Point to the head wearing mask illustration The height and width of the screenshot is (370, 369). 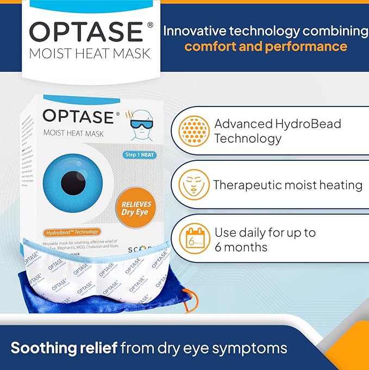click(x=143, y=123)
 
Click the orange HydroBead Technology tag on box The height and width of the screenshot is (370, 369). click(x=73, y=232)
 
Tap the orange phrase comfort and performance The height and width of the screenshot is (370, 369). click(x=265, y=46)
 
